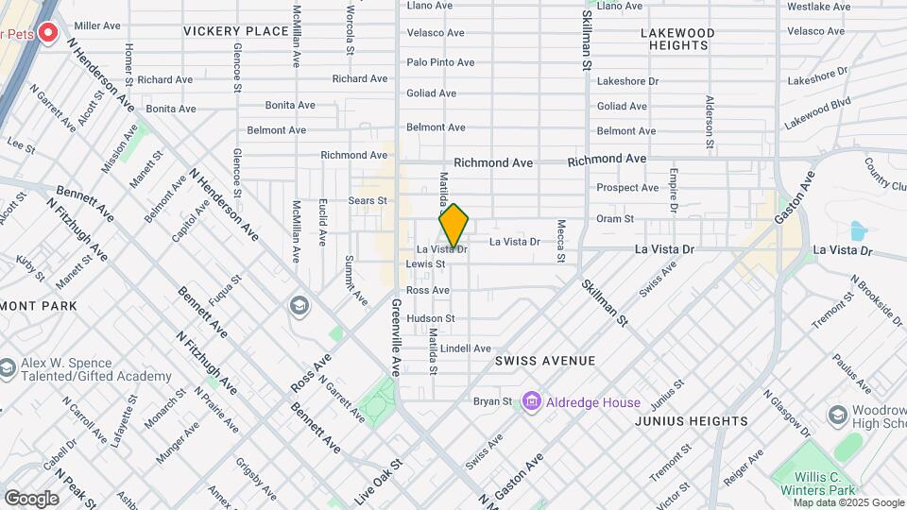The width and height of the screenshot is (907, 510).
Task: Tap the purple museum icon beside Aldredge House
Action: tap(531, 402)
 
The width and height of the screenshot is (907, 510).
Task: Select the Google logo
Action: tap(31, 498)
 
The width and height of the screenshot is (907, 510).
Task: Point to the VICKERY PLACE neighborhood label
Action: tap(236, 31)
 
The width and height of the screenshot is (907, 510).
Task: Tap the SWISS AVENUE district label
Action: tap(545, 361)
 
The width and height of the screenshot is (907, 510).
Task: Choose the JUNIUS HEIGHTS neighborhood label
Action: tap(692, 421)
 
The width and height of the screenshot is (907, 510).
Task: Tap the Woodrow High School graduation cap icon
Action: tap(836, 416)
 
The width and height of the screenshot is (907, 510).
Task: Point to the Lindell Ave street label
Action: tap(466, 348)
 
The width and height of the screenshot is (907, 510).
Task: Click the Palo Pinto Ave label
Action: tap(440, 62)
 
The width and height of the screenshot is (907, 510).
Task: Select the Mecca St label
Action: tap(560, 236)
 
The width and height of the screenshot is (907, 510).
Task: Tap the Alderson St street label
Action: tap(708, 123)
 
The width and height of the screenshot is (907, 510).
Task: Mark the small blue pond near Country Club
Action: tap(858, 230)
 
